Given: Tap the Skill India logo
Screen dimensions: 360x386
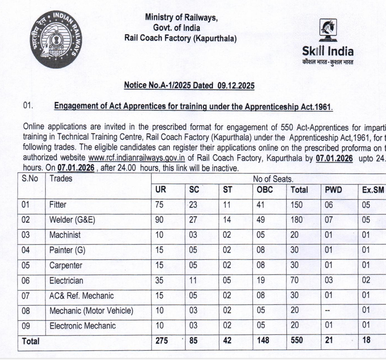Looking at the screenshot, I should click(328, 44).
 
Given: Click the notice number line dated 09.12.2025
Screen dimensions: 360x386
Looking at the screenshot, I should click(189, 86).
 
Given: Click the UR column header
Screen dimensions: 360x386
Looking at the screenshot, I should click(160, 189).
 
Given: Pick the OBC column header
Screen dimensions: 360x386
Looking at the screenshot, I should click(265, 189).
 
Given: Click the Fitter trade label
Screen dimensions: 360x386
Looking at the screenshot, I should click(58, 204).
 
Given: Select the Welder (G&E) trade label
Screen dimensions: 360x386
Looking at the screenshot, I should click(72, 220).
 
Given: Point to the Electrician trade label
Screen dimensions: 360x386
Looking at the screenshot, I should click(67, 280).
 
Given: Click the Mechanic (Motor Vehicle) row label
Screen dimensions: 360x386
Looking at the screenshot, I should click(91, 310).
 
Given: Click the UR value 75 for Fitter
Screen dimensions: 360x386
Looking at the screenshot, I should click(159, 204).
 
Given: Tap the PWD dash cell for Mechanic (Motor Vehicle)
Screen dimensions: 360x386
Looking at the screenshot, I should click(329, 310).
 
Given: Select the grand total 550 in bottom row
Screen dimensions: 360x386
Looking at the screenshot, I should click(297, 341).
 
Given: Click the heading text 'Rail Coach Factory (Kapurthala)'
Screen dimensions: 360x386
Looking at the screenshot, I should click(181, 38).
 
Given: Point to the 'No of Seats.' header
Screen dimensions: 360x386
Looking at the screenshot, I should click(273, 178).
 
